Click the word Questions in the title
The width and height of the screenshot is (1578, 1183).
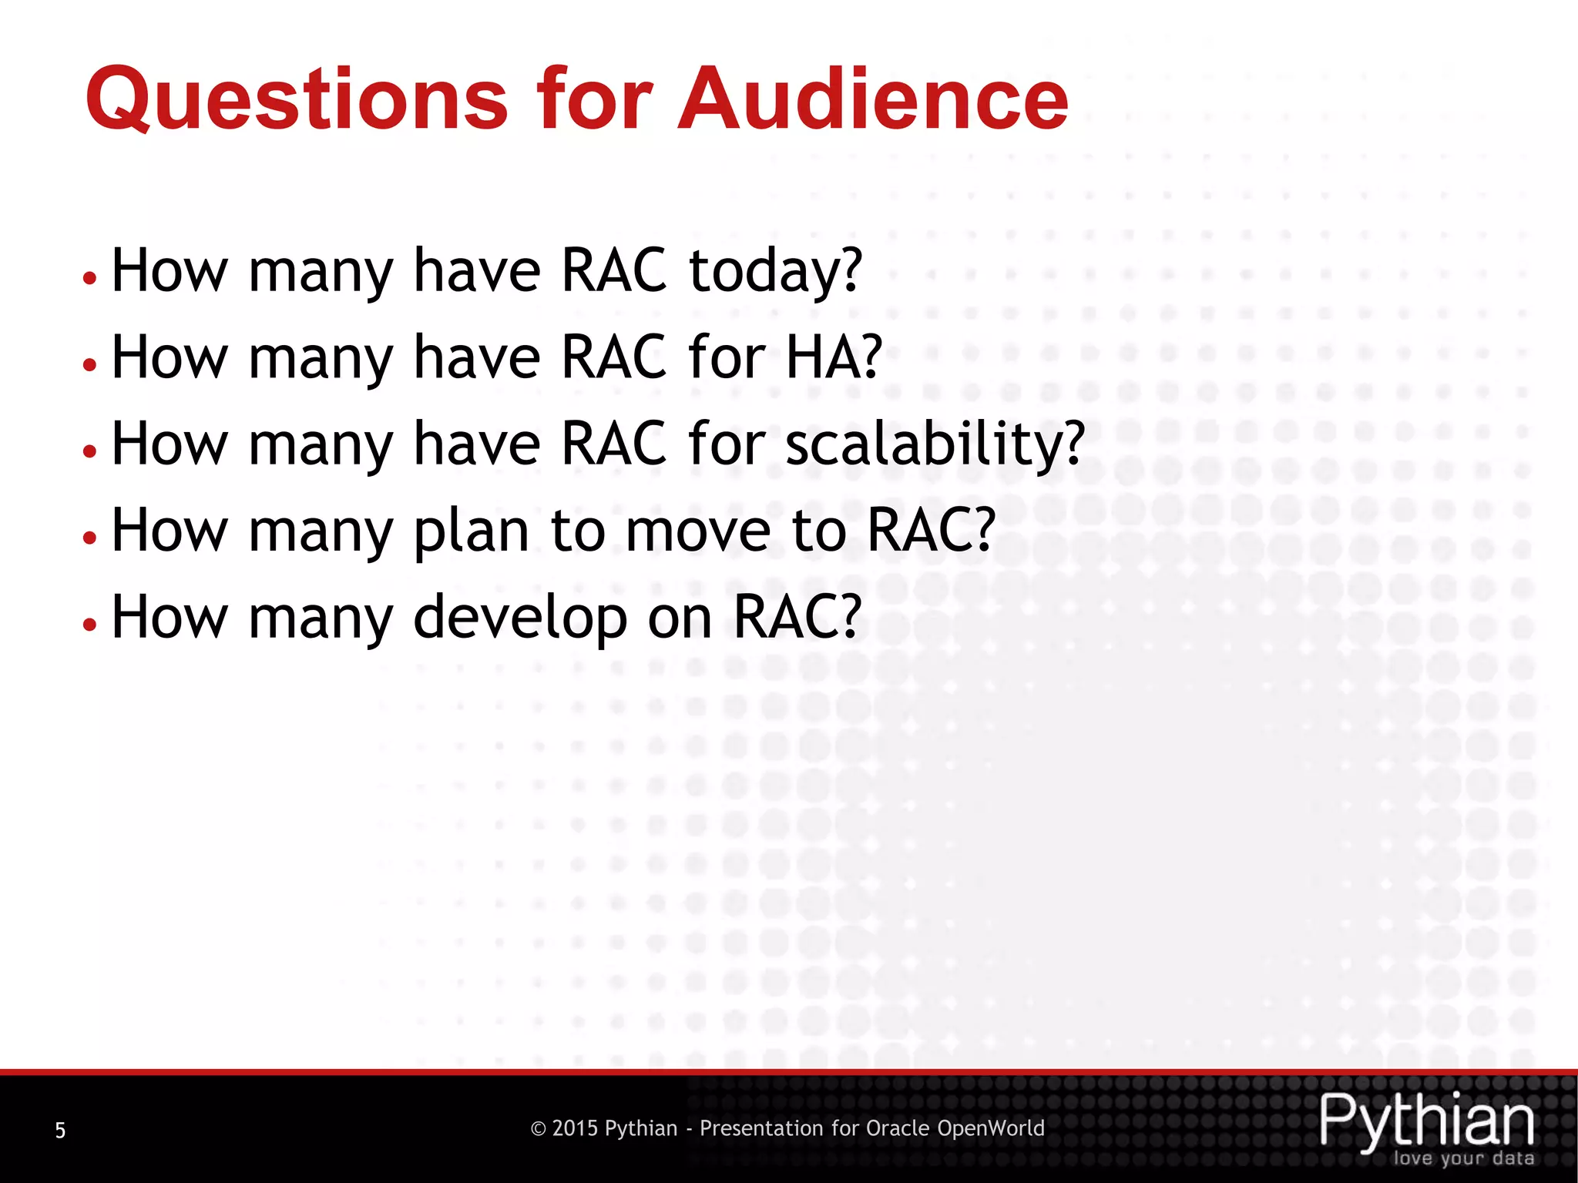(297, 100)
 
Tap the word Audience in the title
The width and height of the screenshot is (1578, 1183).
(872, 100)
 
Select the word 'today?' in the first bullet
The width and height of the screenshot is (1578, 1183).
(775, 272)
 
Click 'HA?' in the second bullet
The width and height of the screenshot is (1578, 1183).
(834, 358)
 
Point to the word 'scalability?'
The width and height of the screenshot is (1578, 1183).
(935, 445)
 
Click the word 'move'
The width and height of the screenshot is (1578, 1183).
(698, 531)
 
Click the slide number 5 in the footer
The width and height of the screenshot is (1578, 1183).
(60, 1131)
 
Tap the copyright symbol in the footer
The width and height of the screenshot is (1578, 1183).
(539, 1129)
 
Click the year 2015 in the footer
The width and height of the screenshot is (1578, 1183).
(575, 1129)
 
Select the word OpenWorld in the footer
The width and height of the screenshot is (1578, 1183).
(991, 1129)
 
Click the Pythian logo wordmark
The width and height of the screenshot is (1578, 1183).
(1426, 1121)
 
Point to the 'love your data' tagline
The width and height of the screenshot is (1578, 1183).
(1463, 1158)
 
